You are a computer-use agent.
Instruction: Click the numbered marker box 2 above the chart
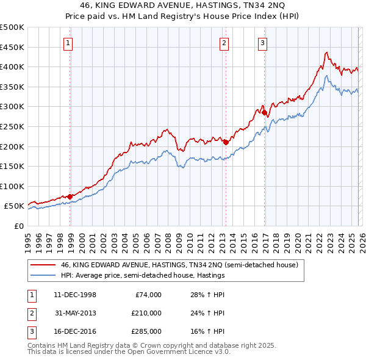tap(224, 43)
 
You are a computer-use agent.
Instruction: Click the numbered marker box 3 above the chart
tap(262, 43)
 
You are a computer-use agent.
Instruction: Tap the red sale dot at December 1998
tap(70, 196)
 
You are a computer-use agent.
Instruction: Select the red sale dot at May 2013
tap(226, 142)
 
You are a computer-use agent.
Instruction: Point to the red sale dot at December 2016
tap(264, 113)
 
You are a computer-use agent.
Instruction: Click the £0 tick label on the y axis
tap(18, 226)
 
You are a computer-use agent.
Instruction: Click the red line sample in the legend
tap(43, 265)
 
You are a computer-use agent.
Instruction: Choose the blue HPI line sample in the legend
tap(43, 275)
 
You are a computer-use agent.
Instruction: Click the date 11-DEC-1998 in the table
tap(75, 295)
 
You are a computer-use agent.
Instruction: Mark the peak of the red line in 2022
tap(327, 52)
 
